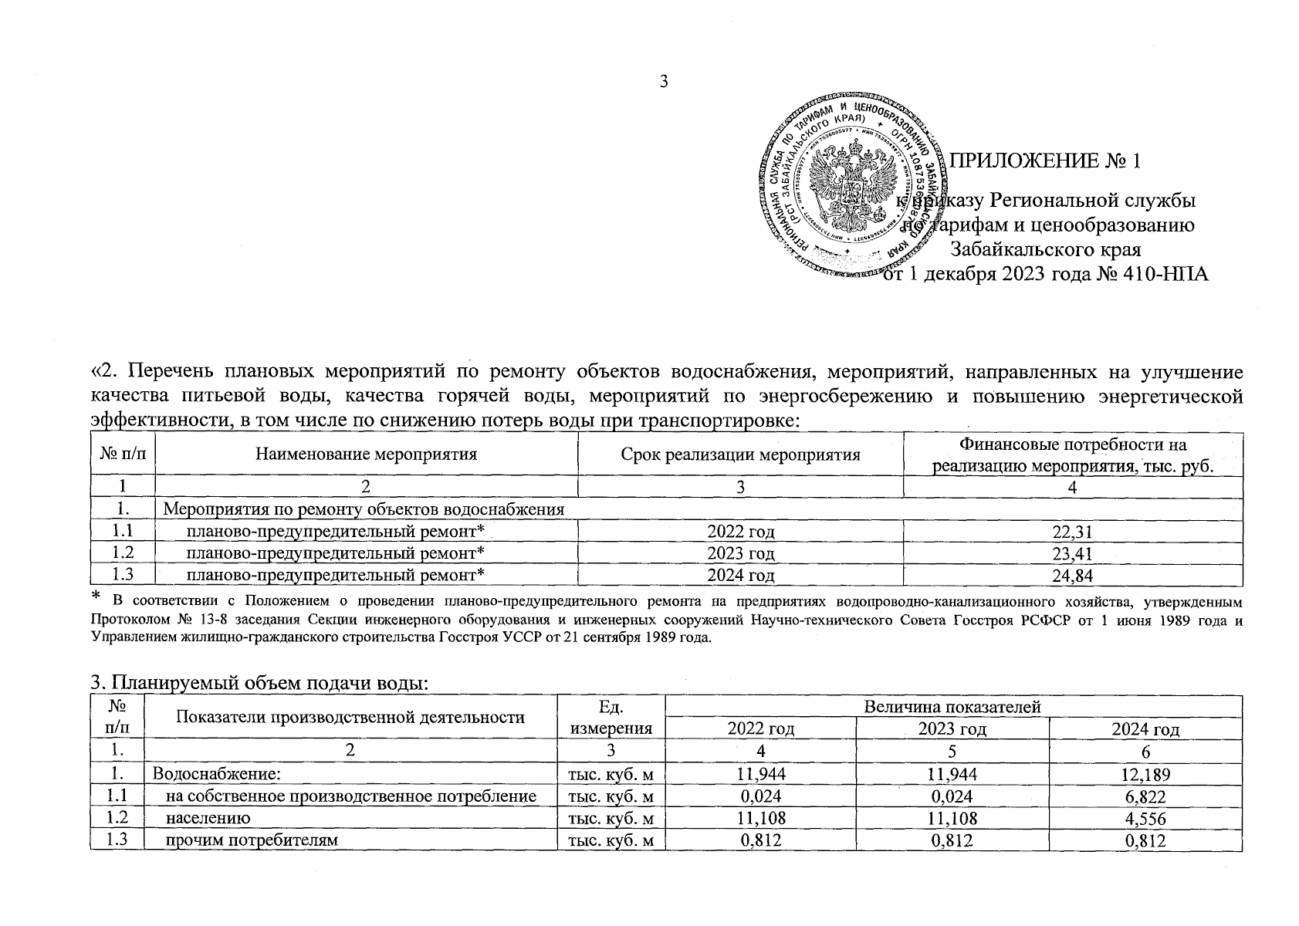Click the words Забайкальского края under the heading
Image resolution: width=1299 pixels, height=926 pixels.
pyautogui.click(x=1045, y=249)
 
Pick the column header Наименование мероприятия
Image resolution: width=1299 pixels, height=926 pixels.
pyautogui.click(x=366, y=455)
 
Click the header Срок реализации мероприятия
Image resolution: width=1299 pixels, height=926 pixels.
pyautogui.click(x=740, y=455)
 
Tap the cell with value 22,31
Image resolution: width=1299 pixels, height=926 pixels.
pyautogui.click(x=1073, y=532)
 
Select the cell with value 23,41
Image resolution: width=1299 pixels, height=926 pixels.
pyautogui.click(x=1073, y=553)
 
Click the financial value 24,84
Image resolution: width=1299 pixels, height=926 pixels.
pyautogui.click(x=1073, y=575)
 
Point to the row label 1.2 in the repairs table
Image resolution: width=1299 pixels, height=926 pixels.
pyautogui.click(x=122, y=553)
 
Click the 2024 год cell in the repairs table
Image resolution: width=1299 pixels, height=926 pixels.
pyautogui.click(x=740, y=575)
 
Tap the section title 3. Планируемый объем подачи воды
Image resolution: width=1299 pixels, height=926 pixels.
pyautogui.click(x=259, y=682)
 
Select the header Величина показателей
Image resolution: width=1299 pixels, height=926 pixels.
pyautogui.click(x=952, y=706)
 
